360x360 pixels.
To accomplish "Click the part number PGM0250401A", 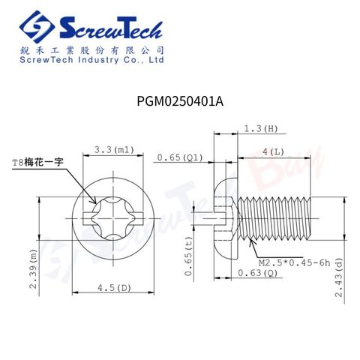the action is click(180, 101).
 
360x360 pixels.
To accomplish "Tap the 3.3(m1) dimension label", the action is click(114, 150).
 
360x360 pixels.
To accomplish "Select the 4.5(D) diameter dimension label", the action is click(114, 288).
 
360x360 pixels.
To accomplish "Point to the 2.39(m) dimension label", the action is click(34, 268).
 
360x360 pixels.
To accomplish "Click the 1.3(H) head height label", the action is click(261, 129).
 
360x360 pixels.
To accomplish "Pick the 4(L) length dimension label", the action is click(273, 151).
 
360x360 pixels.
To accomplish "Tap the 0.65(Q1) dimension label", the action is click(180, 157).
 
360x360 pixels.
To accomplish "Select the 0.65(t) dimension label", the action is click(189, 256).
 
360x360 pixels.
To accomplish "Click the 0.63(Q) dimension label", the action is click(258, 273).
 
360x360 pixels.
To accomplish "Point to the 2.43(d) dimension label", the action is click(339, 277).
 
